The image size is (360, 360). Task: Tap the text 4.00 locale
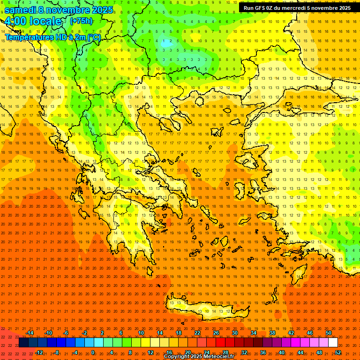[34, 21]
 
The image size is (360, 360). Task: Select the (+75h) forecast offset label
[81, 21]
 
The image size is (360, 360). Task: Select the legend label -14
[30, 333]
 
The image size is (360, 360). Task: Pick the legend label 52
[338, 352]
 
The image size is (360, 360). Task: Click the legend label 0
[92, 352]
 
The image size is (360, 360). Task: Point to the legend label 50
[329, 333]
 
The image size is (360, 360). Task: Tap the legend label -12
[39, 352]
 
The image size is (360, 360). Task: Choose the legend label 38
[272, 333]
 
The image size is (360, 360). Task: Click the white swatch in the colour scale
[333, 343]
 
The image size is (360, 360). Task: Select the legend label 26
[216, 333]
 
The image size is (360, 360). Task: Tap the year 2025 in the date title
[99, 9]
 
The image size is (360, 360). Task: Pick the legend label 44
[300, 352]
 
